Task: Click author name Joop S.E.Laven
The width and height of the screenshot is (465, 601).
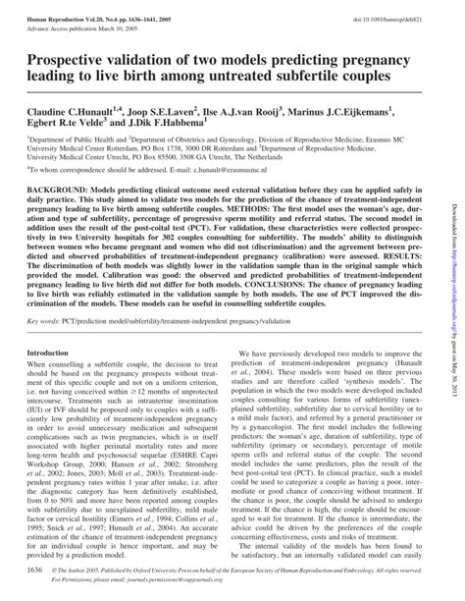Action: coord(181,114)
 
